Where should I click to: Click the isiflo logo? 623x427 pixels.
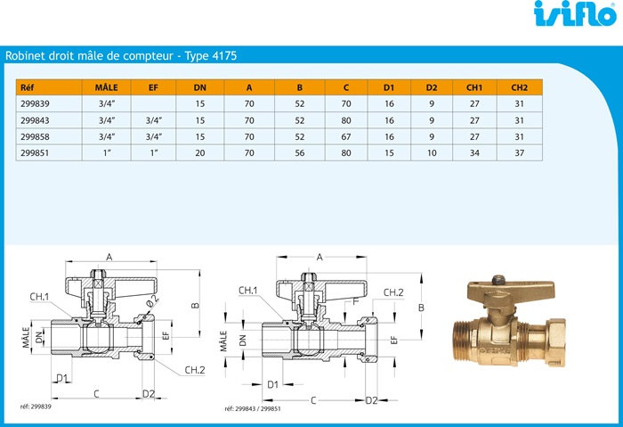pyautogui.click(x=576, y=14)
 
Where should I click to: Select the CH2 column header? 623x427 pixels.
pyautogui.click(x=519, y=87)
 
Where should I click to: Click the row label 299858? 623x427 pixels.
pyautogui.click(x=35, y=136)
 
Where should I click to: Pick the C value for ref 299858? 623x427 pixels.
pyautogui.click(x=346, y=136)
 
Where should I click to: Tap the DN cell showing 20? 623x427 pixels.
pyautogui.click(x=200, y=152)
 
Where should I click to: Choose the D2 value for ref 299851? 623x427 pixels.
pyautogui.click(x=432, y=152)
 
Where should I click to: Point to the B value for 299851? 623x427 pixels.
pyautogui.click(x=300, y=152)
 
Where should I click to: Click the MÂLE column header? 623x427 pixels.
pyautogui.click(x=106, y=87)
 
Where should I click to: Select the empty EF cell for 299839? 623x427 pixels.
pyautogui.click(x=153, y=104)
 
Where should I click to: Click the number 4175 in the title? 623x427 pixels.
pyautogui.click(x=224, y=55)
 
